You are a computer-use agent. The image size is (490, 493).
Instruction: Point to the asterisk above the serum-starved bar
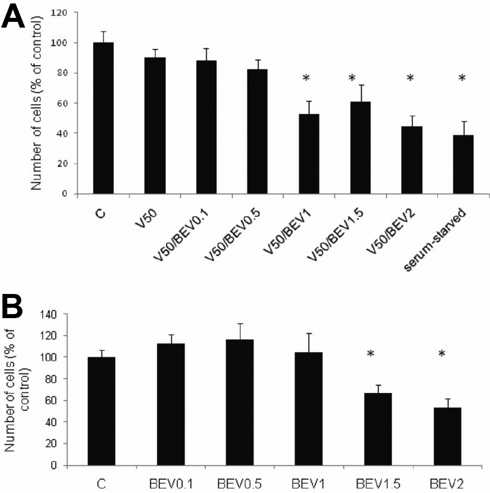pos(462,77)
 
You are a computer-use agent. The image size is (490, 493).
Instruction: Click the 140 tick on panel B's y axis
pos(52,314)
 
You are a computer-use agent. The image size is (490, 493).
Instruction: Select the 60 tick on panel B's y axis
pos(55,400)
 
